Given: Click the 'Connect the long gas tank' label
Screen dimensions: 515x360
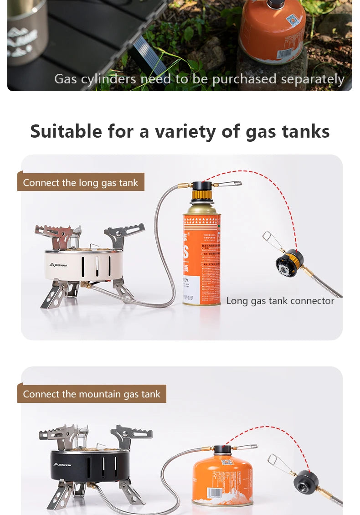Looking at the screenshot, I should point(80,183).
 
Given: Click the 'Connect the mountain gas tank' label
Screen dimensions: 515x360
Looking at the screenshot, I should point(92,394).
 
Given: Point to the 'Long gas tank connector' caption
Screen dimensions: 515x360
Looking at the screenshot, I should point(280,301).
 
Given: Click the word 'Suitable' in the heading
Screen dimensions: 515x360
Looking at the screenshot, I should point(66,132).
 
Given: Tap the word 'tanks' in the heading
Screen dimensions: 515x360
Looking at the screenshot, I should point(306,132).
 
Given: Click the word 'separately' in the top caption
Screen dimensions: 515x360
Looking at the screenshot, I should point(312,79).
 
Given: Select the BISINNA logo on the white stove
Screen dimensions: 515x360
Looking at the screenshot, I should point(58,265).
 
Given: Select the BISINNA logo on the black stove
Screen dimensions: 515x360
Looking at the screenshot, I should point(62,464).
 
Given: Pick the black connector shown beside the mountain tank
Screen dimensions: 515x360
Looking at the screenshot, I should point(306,482).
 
